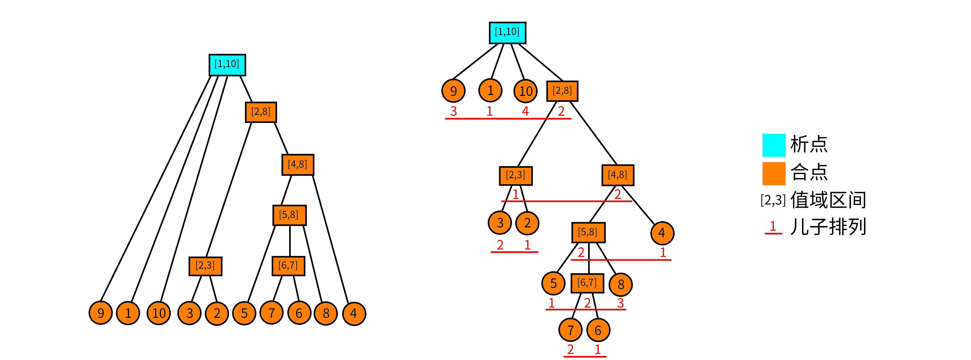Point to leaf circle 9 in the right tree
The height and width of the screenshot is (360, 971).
click(x=453, y=91)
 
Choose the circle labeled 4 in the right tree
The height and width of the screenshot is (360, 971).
click(x=662, y=233)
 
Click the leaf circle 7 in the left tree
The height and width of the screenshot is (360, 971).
click(x=271, y=313)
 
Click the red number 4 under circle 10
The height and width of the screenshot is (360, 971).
click(x=525, y=111)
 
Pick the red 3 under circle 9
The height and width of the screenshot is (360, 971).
click(x=453, y=111)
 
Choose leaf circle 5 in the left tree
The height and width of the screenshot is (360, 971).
click(x=244, y=313)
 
